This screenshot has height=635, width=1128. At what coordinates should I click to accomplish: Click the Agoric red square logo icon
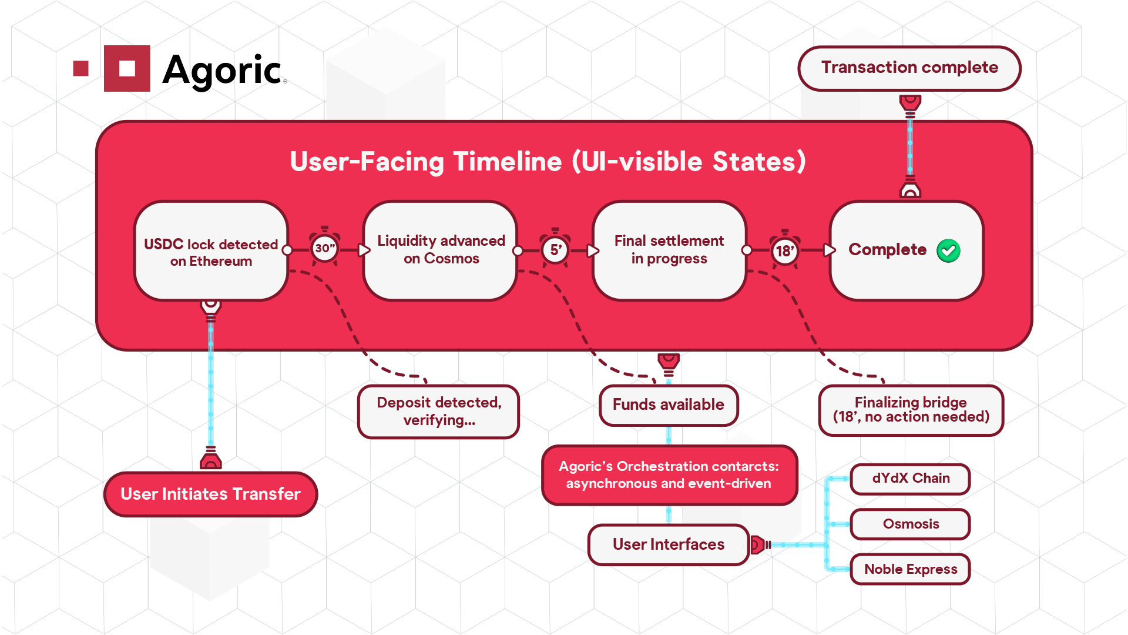[x=127, y=68]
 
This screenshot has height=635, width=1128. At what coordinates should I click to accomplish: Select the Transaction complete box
[x=909, y=68]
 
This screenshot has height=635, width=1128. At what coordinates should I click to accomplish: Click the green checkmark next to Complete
[x=948, y=250]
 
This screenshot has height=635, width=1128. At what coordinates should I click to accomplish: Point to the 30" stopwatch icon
[x=324, y=248]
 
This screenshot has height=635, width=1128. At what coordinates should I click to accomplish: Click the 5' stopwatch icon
[x=555, y=249]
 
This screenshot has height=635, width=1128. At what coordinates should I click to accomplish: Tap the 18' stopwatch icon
[x=785, y=250]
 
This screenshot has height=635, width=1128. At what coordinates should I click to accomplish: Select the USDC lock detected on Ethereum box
[x=211, y=252]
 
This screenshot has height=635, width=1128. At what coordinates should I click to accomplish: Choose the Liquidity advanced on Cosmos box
[x=441, y=250]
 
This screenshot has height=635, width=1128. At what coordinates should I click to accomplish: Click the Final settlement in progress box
[x=669, y=250]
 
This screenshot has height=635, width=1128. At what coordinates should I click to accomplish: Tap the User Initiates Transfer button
[x=210, y=494]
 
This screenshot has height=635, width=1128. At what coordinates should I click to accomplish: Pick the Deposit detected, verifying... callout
[x=438, y=412]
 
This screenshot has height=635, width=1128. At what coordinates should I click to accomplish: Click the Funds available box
[x=669, y=405]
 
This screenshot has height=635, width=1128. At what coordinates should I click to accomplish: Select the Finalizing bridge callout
[x=911, y=410]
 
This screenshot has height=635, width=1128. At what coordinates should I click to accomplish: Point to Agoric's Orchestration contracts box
[x=669, y=475]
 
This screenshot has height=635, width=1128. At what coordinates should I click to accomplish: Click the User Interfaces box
[x=669, y=544]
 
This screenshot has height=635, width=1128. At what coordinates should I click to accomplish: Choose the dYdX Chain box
[x=910, y=479]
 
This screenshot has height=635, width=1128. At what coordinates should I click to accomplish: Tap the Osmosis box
[x=910, y=524]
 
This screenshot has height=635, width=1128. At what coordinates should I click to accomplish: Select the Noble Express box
[x=910, y=569]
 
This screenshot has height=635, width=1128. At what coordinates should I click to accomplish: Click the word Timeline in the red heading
[x=508, y=162]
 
